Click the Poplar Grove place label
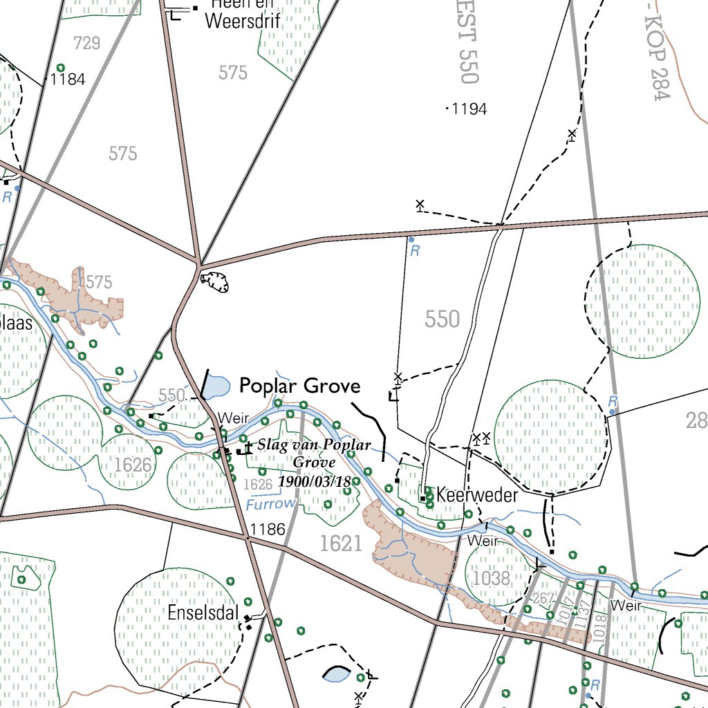click(x=299, y=386)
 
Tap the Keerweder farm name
click(x=477, y=496)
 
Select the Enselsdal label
click(x=203, y=613)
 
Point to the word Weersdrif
click(x=242, y=20)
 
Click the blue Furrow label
click(x=270, y=505)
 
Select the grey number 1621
click(x=341, y=544)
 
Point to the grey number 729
click(x=86, y=44)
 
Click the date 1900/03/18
click(x=315, y=481)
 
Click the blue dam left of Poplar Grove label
click(x=216, y=386)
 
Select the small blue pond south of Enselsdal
click(x=337, y=674)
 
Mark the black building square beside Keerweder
click(x=422, y=498)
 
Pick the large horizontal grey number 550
click(x=442, y=319)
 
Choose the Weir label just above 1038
click(x=483, y=541)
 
